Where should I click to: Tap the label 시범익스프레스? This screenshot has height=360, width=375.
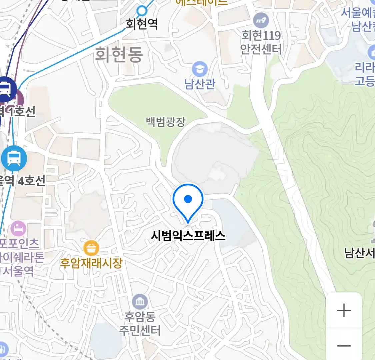point(188,236)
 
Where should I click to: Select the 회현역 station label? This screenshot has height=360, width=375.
point(142,24)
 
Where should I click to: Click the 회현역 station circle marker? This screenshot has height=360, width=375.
point(142,11)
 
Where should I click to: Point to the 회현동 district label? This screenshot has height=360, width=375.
point(119,54)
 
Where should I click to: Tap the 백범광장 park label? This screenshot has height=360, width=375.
point(166,122)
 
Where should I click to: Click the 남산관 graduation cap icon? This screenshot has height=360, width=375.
point(200,69)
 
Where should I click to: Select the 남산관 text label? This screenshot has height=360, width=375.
point(200,84)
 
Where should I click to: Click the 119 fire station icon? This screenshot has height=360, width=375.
point(261,21)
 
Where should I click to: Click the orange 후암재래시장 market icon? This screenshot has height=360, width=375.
point(91,248)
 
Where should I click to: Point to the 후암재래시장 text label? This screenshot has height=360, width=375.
point(91,263)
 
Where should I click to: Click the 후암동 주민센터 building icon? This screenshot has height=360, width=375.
point(140,302)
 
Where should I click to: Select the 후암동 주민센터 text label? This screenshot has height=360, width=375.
point(140,323)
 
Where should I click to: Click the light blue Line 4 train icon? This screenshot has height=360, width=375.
point(14,158)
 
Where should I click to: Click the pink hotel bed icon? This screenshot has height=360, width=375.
point(18,229)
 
